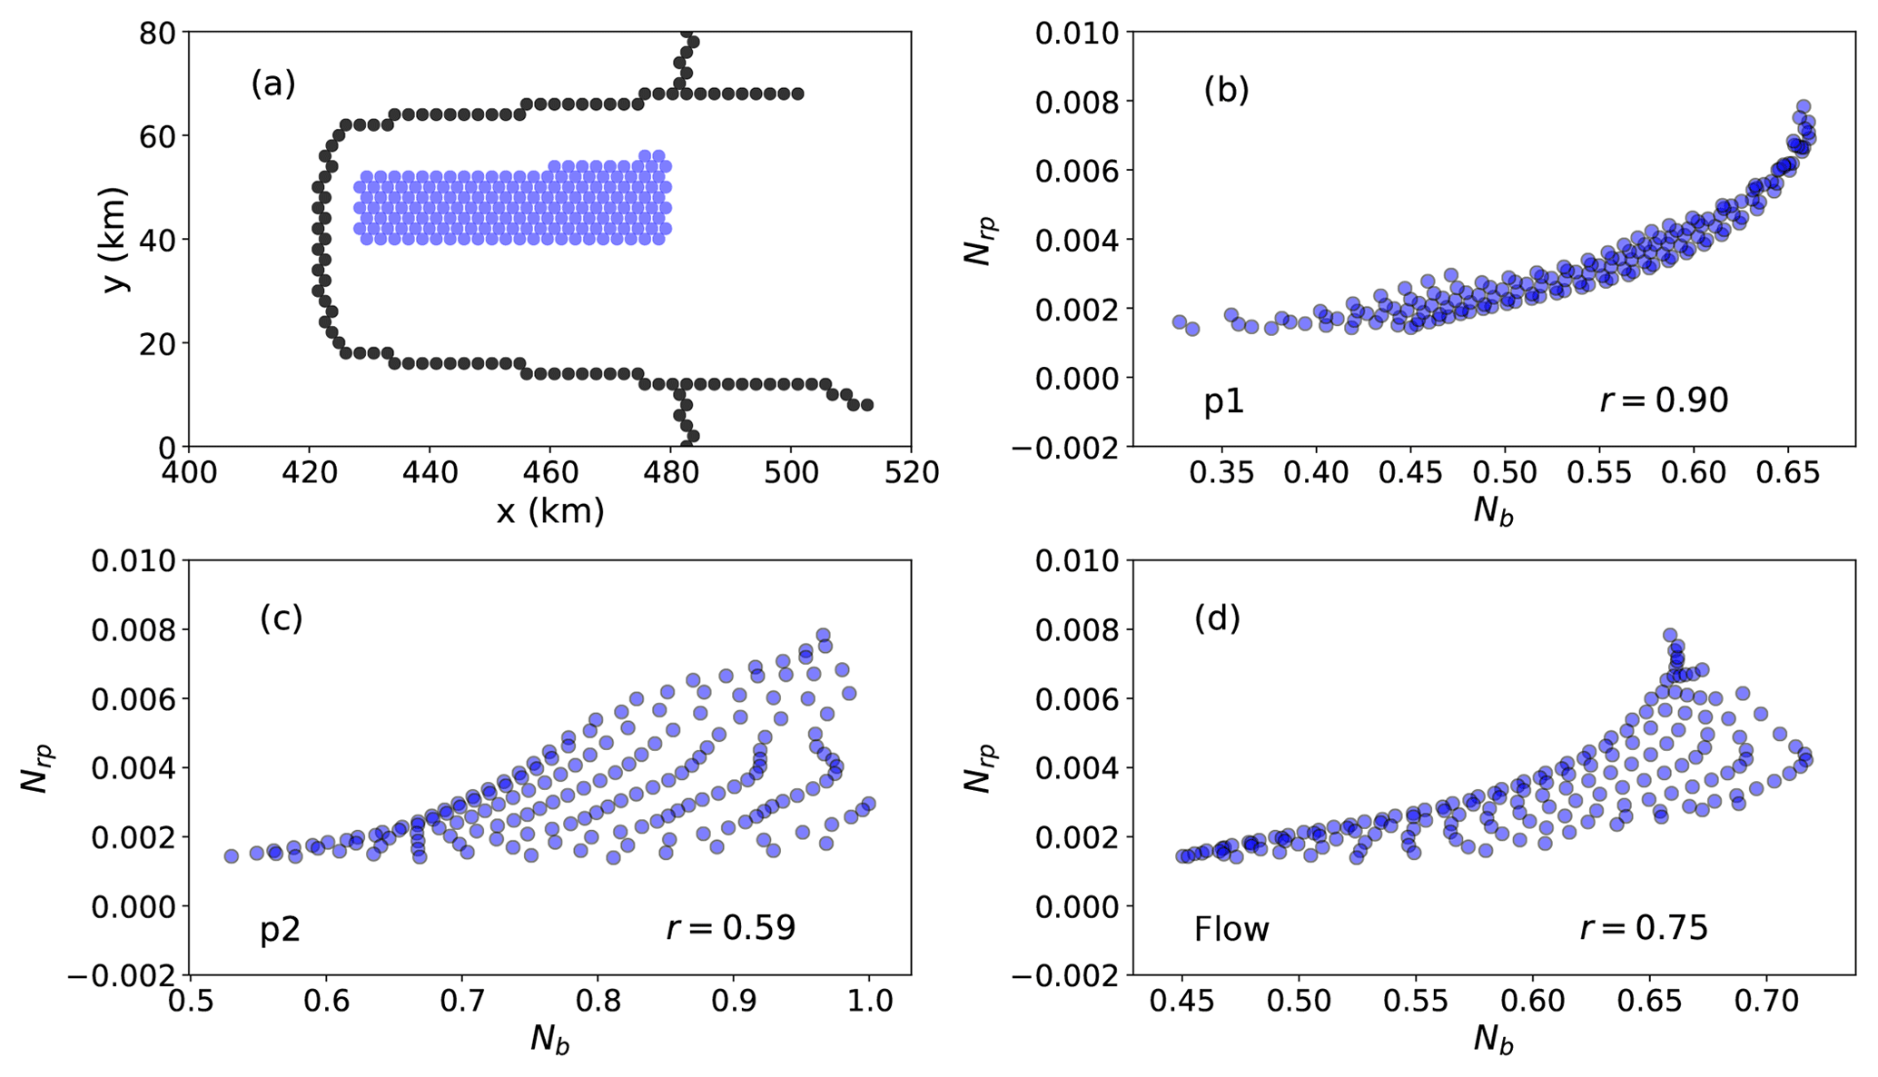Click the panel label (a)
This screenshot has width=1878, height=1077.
tap(273, 84)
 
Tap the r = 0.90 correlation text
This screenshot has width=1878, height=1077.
tap(1664, 400)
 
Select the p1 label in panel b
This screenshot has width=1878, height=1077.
tap(1224, 401)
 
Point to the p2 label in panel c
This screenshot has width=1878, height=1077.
tap(280, 930)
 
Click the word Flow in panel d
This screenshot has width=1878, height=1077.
tap(1231, 930)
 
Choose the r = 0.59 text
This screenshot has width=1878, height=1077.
tap(731, 928)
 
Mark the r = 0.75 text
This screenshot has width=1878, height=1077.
tap(1644, 928)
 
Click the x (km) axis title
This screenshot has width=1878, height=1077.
tap(550, 512)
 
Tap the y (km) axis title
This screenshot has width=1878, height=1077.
tap(116, 240)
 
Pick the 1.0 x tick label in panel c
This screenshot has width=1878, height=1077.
tap(869, 1001)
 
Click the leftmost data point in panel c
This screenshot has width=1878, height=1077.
tap(231, 856)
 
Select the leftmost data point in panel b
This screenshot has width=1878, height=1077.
tap(1180, 322)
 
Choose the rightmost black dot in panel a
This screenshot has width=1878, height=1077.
tap(866, 405)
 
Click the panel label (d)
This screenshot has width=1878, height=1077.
tap(1217, 618)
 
